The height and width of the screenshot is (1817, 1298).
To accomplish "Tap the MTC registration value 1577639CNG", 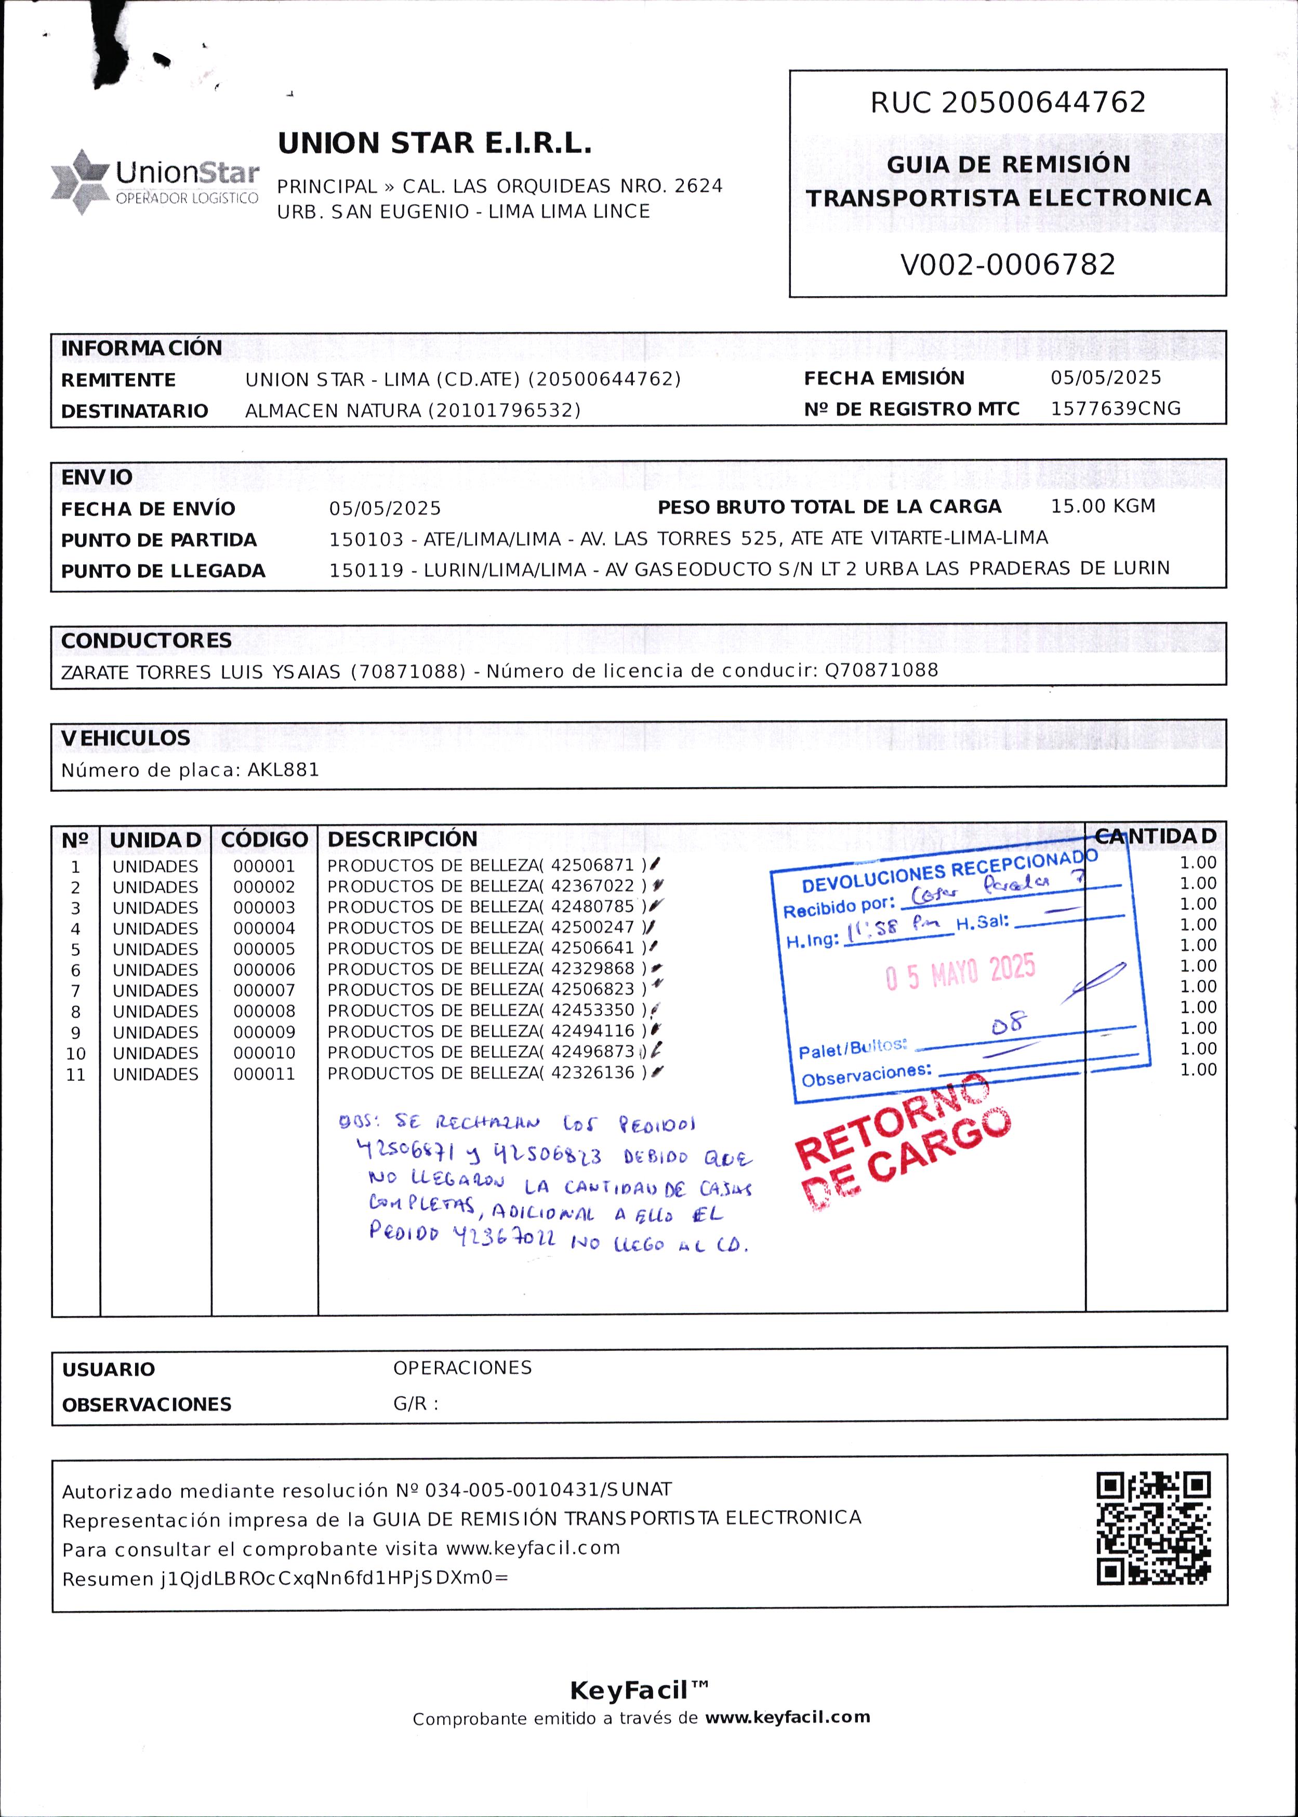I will [1115, 408].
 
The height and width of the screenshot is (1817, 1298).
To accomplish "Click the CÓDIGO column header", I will [264, 840].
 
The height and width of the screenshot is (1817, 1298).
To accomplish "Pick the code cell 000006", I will [264, 969].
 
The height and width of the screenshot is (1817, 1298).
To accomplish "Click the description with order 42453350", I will [486, 1011].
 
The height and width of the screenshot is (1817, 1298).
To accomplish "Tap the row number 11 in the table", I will [75, 1075].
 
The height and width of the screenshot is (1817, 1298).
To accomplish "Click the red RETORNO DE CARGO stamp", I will [903, 1143].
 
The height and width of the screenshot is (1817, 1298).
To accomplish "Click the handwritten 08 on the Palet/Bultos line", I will [1009, 1024].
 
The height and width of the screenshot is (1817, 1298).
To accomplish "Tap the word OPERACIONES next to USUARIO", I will [462, 1367].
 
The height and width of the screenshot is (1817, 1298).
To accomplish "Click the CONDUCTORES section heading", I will [146, 640].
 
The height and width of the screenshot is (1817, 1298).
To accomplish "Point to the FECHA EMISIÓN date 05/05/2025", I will [1105, 377].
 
